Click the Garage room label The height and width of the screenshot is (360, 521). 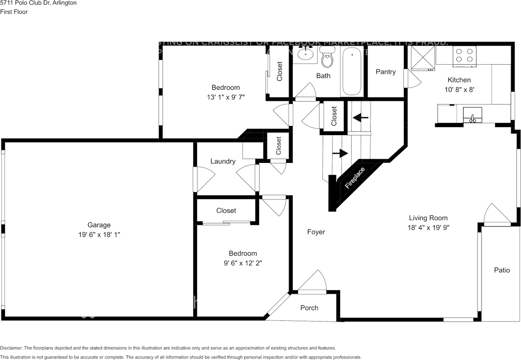(x=99, y=225)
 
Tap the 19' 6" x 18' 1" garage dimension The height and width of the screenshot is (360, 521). (x=99, y=235)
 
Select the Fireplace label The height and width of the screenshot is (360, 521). (x=355, y=178)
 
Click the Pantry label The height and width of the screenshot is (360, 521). (x=385, y=72)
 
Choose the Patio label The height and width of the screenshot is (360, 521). (x=501, y=270)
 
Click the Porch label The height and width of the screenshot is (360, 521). (x=309, y=307)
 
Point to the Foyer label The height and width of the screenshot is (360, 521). (x=316, y=232)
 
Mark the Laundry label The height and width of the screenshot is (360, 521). (x=223, y=161)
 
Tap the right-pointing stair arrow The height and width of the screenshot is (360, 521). (x=340, y=153)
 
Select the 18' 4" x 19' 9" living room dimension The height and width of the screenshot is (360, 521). (x=428, y=228)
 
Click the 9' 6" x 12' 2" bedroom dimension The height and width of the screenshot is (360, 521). (x=243, y=263)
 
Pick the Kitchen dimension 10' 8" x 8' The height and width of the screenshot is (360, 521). (x=459, y=90)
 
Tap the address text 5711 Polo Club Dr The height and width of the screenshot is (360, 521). (x=28, y=3)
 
